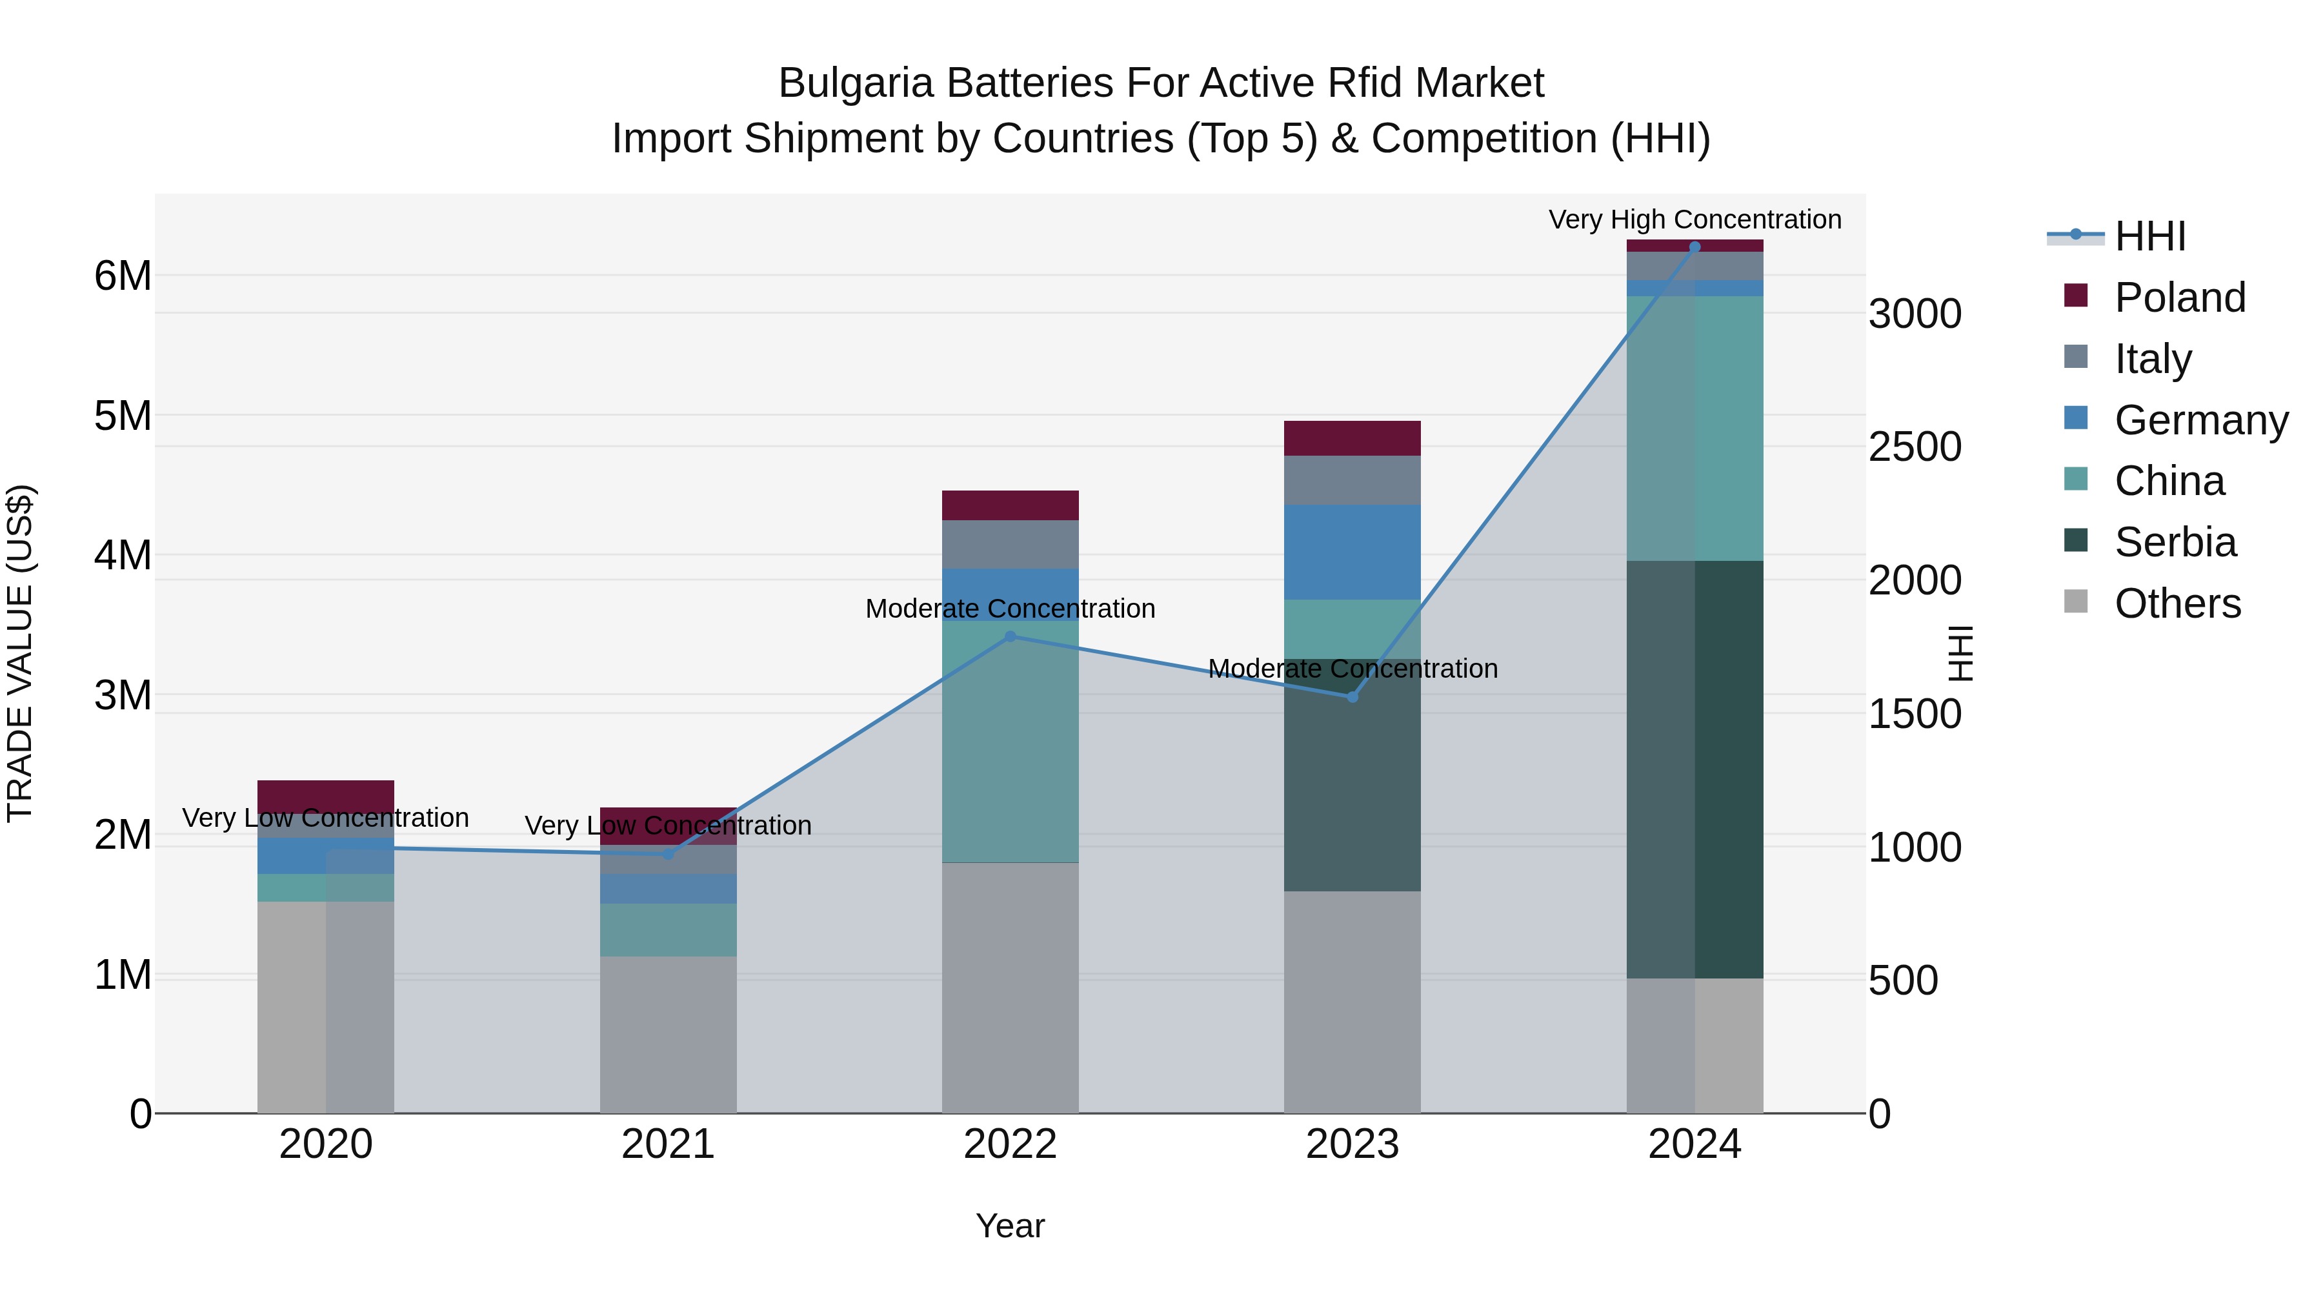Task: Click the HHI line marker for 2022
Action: coord(1010,636)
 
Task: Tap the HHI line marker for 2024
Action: coord(1694,247)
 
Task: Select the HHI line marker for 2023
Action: coord(1352,697)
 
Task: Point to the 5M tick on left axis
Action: coord(123,416)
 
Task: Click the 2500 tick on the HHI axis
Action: coord(1914,447)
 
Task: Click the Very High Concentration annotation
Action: coord(1694,219)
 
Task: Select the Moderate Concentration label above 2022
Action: coord(1010,609)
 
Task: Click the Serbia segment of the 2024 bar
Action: coord(1694,769)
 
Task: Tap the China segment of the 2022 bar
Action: coord(1010,742)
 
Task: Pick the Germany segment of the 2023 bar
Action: coord(1352,552)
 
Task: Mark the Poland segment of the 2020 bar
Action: coord(326,796)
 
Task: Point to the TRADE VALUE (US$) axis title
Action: coord(20,653)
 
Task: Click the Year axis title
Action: coord(1010,1226)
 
